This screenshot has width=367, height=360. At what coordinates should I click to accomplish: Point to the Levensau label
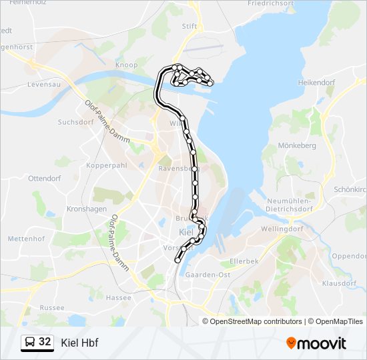coord(44,85)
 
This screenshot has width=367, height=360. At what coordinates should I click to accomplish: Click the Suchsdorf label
coord(75,122)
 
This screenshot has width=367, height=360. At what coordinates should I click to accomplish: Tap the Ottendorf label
coord(45,178)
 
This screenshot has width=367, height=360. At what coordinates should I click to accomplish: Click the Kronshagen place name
coord(87,209)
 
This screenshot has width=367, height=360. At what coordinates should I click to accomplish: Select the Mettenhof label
coord(26,238)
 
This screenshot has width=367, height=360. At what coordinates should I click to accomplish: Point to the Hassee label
coord(119,297)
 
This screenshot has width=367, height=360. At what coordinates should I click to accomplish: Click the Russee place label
coord(52,307)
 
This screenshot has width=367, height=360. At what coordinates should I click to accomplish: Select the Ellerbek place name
coord(244,261)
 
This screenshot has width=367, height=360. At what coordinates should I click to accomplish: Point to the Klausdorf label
coord(340,283)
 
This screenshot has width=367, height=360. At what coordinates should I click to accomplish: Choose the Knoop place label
coord(127,65)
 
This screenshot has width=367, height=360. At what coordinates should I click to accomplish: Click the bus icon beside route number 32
coord(30,343)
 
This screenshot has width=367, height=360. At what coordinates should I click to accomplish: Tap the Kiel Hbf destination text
coord(79,343)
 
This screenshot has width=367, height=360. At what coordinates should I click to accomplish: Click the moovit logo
coord(316,343)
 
